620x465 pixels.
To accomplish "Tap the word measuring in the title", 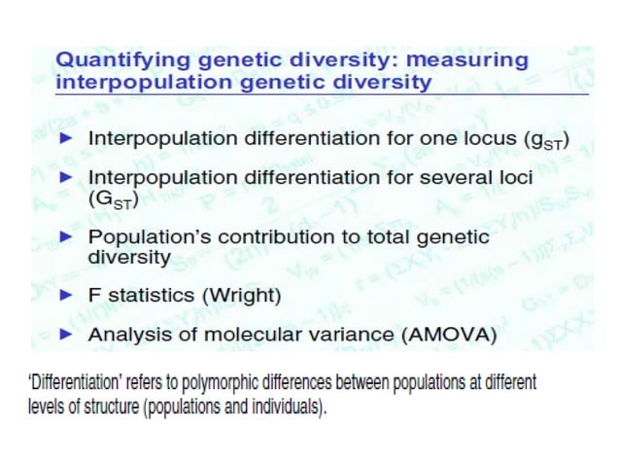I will (471, 59).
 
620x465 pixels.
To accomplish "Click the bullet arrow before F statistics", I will (67, 297).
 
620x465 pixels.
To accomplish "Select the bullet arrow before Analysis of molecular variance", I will (67, 335).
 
